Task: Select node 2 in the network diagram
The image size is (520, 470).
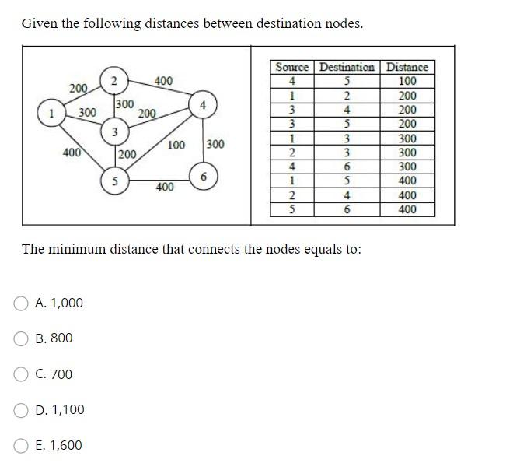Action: click(x=113, y=81)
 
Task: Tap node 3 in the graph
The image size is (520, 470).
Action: click(x=113, y=132)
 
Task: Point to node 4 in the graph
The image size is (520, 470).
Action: click(x=202, y=103)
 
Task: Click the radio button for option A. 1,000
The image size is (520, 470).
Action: click(x=22, y=303)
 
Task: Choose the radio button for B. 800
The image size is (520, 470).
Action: click(x=22, y=338)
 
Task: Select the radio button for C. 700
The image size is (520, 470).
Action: click(x=22, y=374)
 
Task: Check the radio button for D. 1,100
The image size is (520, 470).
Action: click(x=22, y=410)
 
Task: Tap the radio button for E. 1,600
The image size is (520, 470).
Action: click(x=22, y=446)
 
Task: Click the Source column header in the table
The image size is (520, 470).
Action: click(x=292, y=68)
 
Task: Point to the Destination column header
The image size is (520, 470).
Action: click(x=347, y=68)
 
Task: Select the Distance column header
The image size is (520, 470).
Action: click(x=407, y=68)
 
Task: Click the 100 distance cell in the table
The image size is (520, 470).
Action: click(x=407, y=81)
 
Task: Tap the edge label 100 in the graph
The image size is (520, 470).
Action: click(x=176, y=145)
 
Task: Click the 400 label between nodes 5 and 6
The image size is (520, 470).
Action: click(x=165, y=187)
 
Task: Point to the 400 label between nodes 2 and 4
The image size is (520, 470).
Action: click(x=164, y=80)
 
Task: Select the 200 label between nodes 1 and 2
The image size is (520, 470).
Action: click(x=79, y=88)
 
